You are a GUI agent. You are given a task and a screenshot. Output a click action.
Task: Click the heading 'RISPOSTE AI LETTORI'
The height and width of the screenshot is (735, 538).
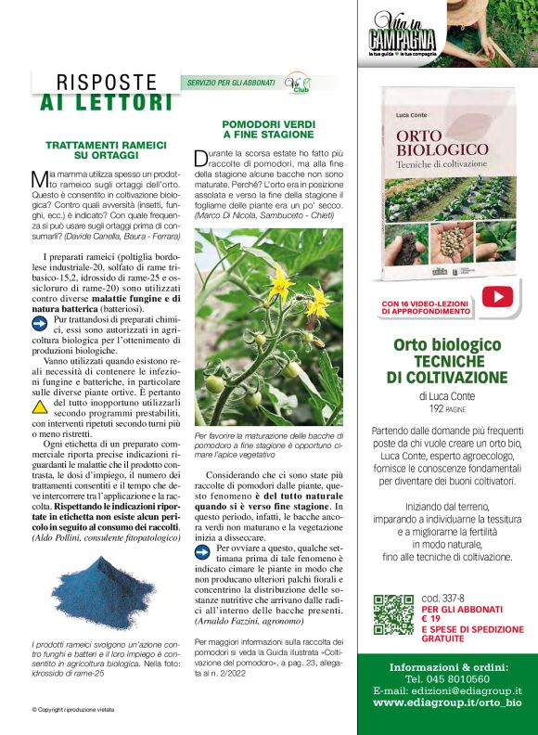[107, 92]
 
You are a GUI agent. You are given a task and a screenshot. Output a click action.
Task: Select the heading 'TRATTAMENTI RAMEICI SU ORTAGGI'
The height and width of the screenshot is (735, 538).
[106, 149]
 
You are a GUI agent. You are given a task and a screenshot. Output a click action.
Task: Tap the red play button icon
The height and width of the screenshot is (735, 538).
[497, 296]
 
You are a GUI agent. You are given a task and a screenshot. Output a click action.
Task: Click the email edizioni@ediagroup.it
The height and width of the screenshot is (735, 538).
[447, 690]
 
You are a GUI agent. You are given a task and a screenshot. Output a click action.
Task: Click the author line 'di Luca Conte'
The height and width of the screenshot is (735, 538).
[447, 396]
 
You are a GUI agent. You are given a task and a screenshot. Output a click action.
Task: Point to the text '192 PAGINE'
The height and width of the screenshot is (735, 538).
[447, 408]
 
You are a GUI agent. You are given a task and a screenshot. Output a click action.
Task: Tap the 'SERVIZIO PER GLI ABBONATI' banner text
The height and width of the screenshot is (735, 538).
[231, 83]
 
